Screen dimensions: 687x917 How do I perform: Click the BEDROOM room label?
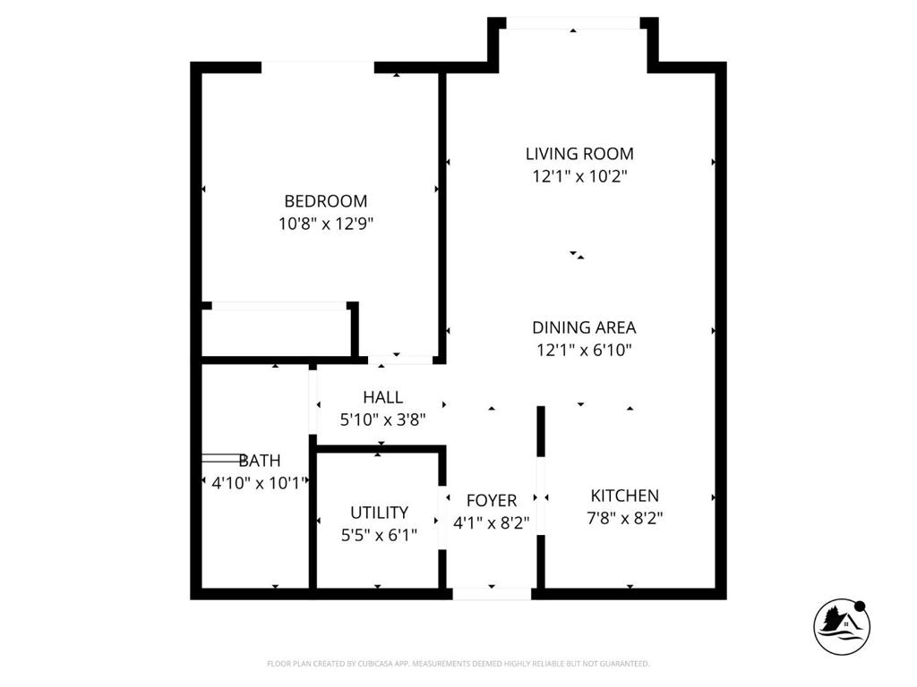[325, 201]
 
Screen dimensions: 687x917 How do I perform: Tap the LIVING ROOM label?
[579, 154]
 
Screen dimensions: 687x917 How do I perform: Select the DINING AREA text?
[584, 327]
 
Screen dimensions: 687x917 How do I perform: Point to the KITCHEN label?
[624, 496]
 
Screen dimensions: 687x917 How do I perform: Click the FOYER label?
[492, 501]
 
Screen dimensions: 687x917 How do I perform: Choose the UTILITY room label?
[379, 513]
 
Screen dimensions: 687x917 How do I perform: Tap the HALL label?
[382, 397]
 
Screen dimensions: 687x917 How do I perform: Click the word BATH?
[260, 461]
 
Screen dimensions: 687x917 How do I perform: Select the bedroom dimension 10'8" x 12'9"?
[325, 224]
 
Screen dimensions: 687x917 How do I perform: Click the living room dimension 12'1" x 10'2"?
[579, 177]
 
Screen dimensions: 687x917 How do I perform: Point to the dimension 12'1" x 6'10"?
[584, 351]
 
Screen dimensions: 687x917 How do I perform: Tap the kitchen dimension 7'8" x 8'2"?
[626, 518]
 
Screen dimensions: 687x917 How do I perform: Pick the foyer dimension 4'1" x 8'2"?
[492, 523]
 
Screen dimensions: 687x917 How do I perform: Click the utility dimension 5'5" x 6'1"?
[379, 535]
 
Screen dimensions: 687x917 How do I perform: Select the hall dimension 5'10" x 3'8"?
[382, 419]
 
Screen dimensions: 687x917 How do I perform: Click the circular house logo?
[842, 624]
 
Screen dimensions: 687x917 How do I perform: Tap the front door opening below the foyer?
[492, 593]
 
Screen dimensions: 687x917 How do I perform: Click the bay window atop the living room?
[573, 23]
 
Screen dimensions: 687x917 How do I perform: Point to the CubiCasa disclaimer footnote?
[458, 664]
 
